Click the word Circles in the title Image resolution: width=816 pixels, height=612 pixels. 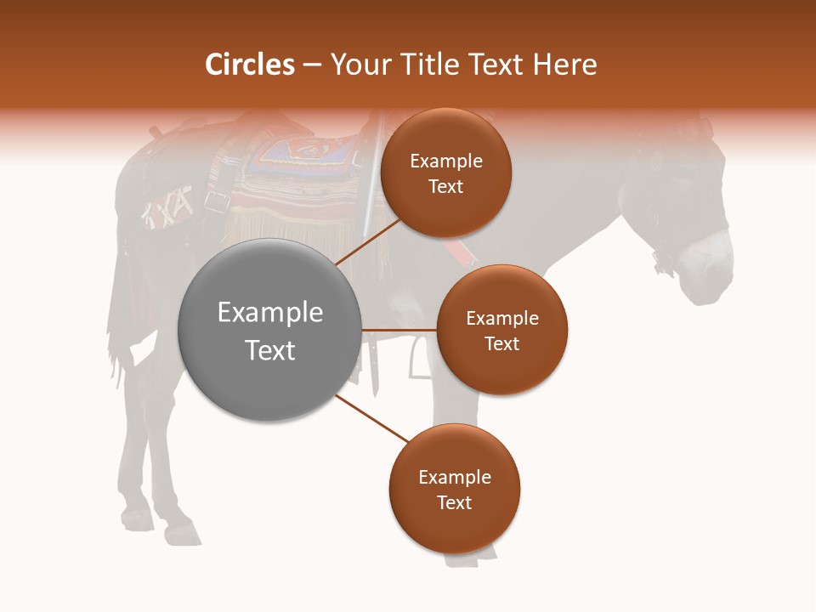pos(250,65)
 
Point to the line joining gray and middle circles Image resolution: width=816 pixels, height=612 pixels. pos(399,330)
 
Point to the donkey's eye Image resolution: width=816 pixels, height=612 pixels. pos(680,167)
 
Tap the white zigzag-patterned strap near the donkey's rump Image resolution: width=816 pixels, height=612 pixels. pos(167,208)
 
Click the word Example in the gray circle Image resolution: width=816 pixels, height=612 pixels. pos(269,313)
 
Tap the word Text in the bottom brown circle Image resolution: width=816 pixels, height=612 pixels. pos(454,502)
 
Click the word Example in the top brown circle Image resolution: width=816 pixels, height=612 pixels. pos(445,161)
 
